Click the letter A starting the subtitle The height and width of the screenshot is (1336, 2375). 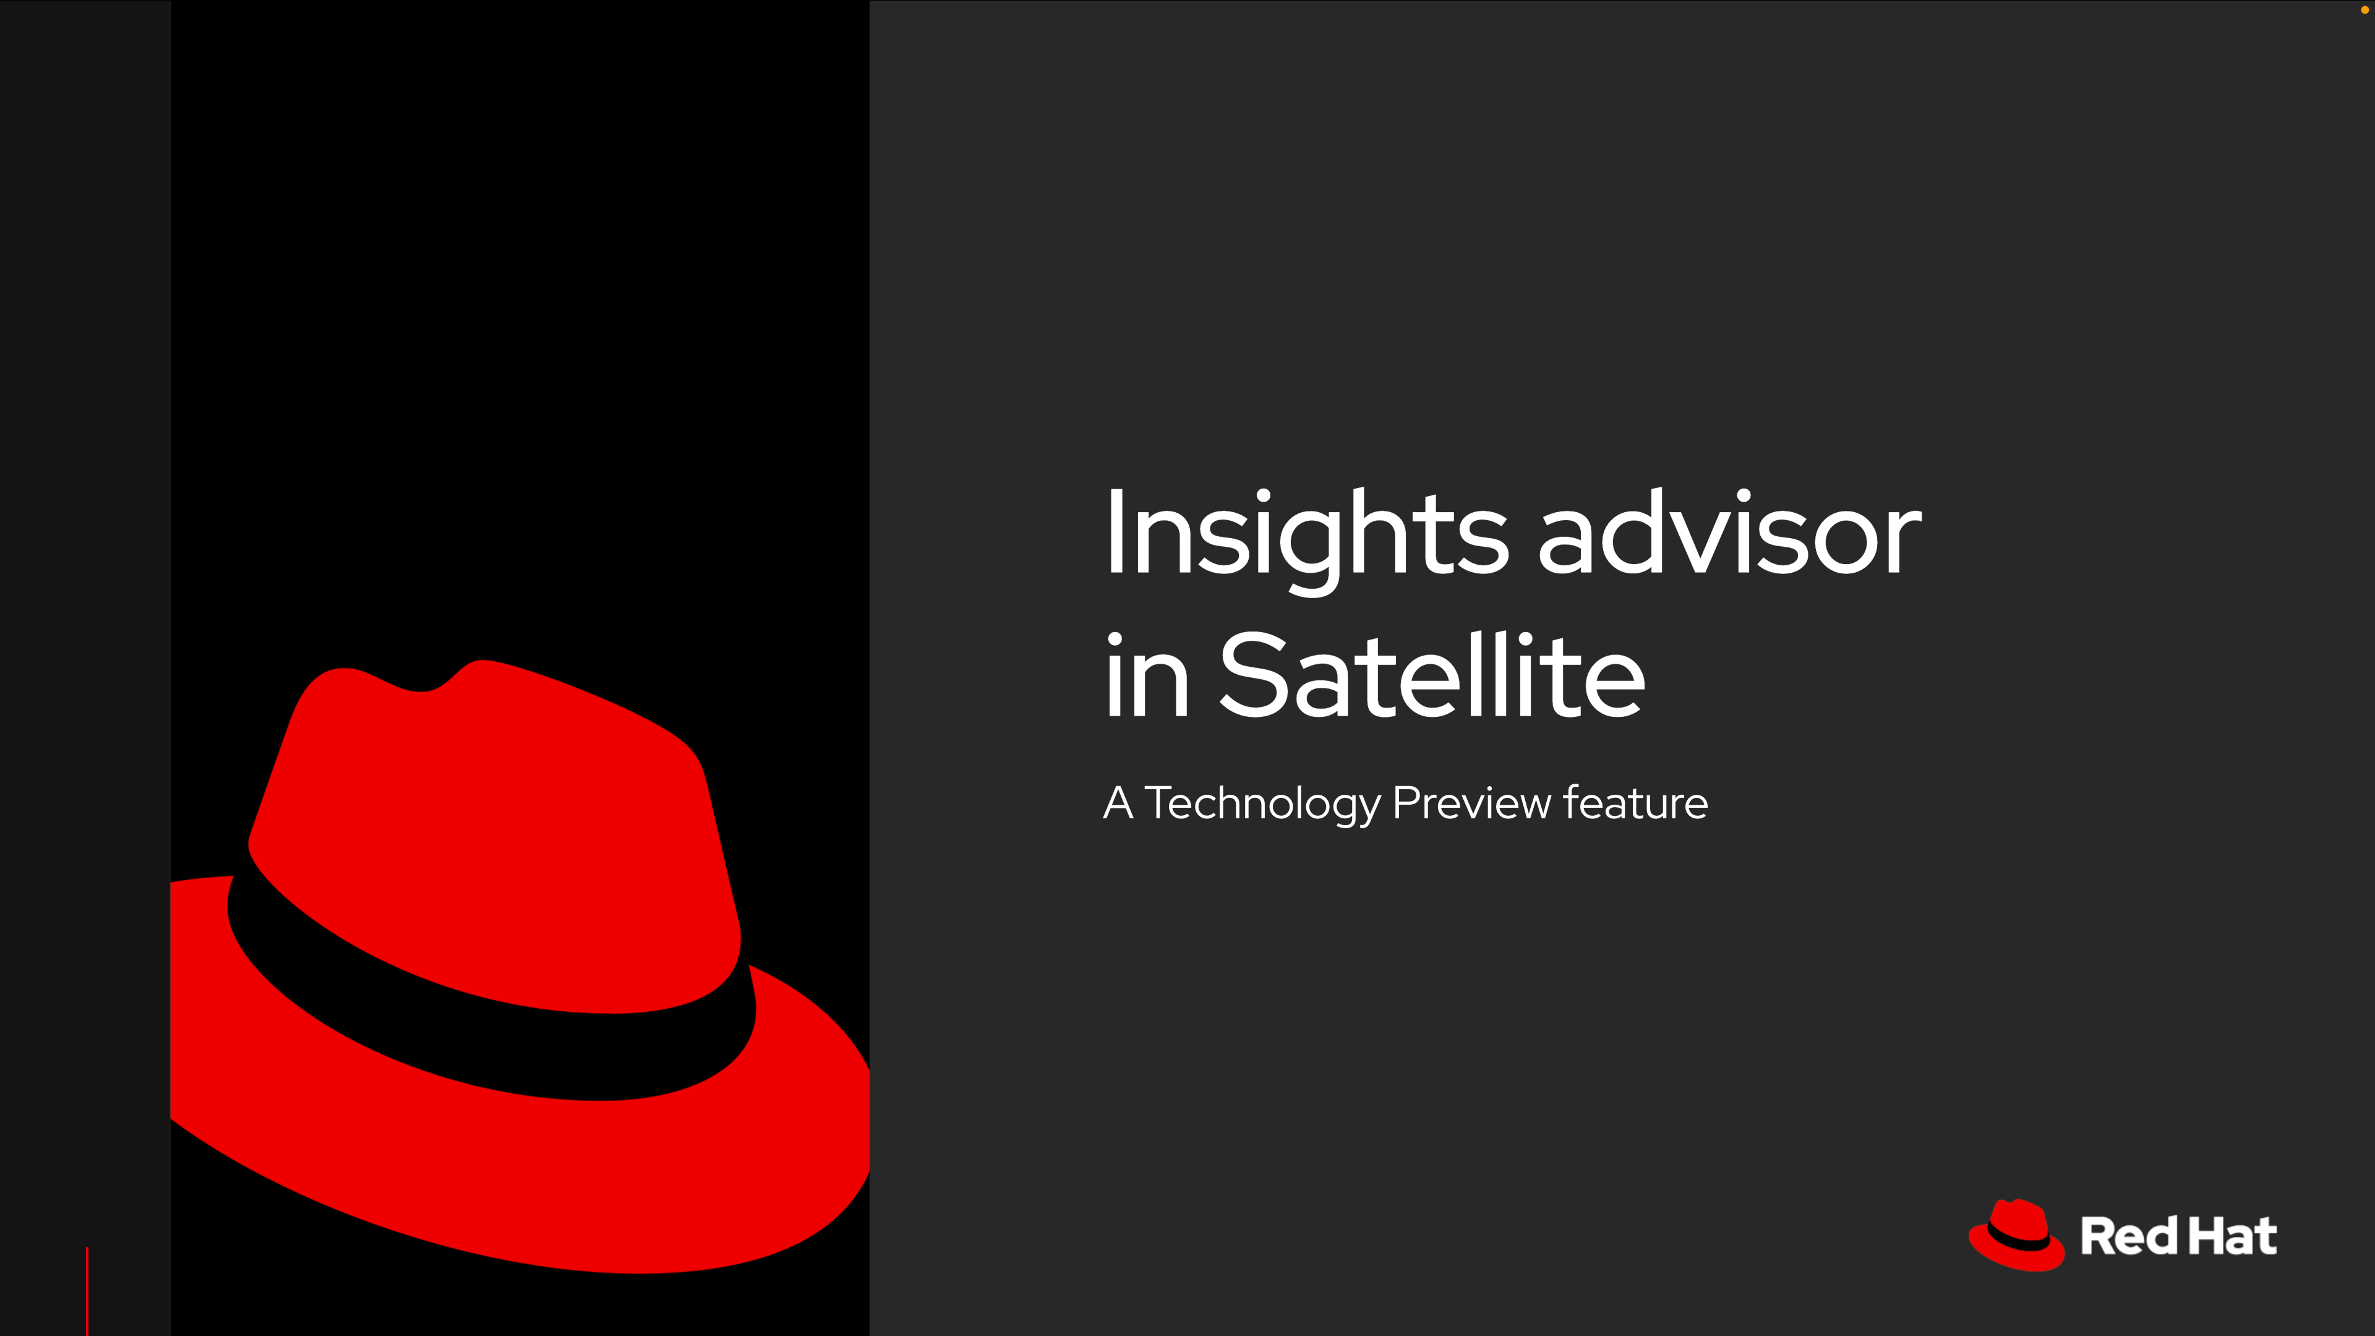(1118, 803)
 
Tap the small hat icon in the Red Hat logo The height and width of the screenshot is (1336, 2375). (2016, 1236)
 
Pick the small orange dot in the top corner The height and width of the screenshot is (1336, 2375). (2363, 10)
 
